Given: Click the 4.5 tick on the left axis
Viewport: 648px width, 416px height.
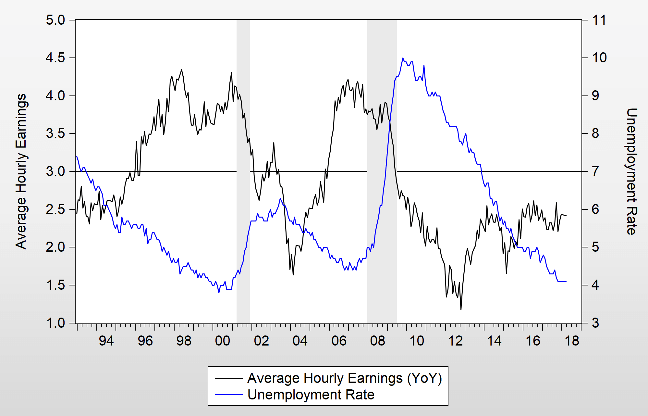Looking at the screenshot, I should tap(55, 58).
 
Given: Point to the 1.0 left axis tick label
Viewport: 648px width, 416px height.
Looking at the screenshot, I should tap(55, 323).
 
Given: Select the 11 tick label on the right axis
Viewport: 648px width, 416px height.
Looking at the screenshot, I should tap(599, 20).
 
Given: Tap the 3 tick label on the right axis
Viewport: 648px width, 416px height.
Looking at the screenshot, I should tap(595, 323).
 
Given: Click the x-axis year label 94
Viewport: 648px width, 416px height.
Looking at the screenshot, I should tap(106, 341).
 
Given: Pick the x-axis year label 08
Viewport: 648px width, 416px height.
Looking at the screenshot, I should tap(378, 341).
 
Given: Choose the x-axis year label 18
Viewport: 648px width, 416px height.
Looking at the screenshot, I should tap(572, 341).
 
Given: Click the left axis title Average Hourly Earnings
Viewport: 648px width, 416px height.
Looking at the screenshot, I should tap(21, 171).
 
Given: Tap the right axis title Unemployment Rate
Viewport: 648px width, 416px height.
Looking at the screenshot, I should tap(631, 171).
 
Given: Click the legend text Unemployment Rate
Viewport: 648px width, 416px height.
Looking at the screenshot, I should tap(311, 395).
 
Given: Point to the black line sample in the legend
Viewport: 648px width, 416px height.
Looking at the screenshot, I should tap(228, 378).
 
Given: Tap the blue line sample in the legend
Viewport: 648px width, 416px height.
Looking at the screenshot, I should tap(228, 395).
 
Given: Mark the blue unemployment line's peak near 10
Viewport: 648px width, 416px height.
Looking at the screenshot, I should tap(403, 58).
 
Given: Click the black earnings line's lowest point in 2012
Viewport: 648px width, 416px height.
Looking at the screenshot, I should tap(461, 309).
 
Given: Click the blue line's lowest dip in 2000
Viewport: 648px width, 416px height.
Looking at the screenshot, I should tap(219, 293).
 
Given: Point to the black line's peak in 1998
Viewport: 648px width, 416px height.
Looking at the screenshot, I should tap(181, 69).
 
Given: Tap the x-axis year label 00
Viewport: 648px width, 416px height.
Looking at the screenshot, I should tap(223, 341).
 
